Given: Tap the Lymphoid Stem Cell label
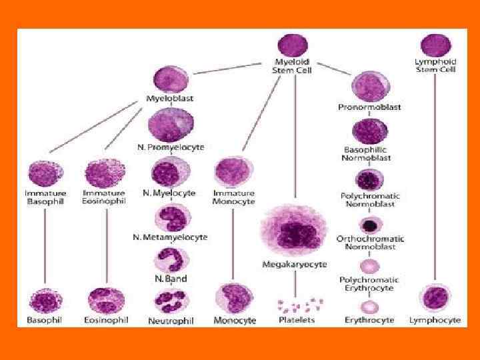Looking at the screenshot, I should [x=435, y=66].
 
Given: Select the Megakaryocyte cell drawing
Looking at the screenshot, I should [x=294, y=231].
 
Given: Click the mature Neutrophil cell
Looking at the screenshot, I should [x=171, y=301].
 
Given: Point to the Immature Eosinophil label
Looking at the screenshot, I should [x=103, y=197].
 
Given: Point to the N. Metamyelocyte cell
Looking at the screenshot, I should [x=171, y=217].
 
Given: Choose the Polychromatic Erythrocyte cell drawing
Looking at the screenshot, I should [x=368, y=266].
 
